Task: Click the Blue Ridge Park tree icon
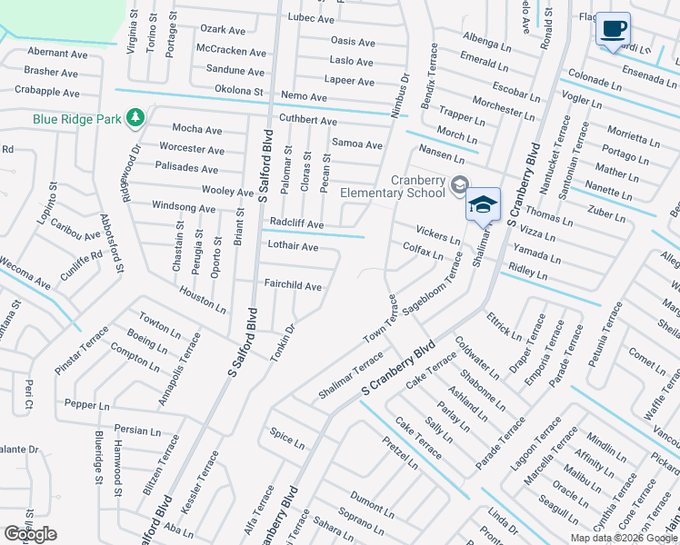(135, 117)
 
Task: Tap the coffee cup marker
(613, 28)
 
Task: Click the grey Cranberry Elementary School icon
(458, 183)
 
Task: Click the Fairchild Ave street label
(293, 286)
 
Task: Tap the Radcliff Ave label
(296, 223)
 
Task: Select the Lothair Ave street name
(293, 246)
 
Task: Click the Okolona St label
(238, 91)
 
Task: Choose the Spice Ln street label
(287, 441)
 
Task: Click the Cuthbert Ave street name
(308, 121)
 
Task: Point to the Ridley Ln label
(528, 270)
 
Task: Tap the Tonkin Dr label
(283, 341)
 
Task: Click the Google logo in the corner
(30, 534)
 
